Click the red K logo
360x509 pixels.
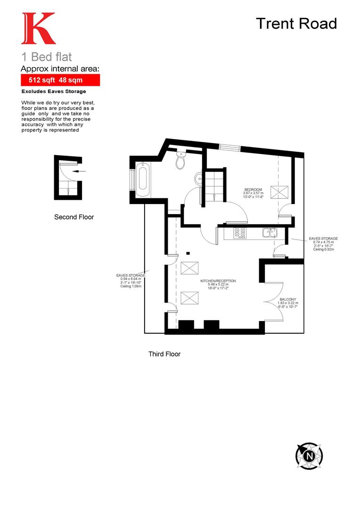(38, 29)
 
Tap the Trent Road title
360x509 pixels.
(296, 23)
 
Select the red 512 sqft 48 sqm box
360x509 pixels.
(60, 81)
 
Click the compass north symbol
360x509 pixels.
(309, 456)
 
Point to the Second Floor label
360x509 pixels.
(74, 217)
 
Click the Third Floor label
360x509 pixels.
(164, 354)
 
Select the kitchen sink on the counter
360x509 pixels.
(270, 232)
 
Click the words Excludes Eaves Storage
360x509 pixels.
(54, 91)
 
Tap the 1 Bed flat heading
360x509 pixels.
(47, 57)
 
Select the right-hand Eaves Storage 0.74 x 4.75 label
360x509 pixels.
(323, 244)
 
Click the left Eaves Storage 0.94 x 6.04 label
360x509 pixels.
(131, 280)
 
